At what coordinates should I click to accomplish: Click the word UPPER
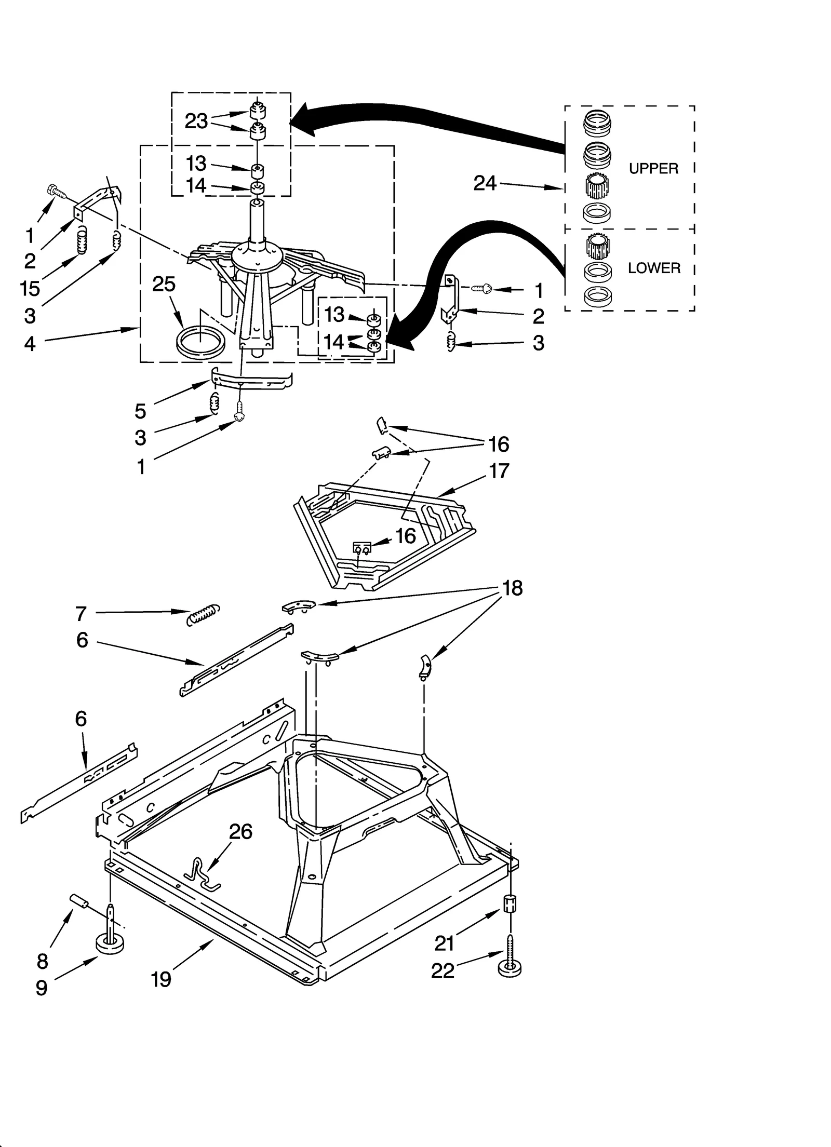pyautogui.click(x=653, y=169)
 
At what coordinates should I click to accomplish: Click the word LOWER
pyautogui.click(x=653, y=268)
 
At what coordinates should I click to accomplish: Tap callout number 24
pyautogui.click(x=485, y=183)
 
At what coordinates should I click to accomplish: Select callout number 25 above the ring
pyautogui.click(x=164, y=285)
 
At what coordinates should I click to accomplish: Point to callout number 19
pyautogui.click(x=161, y=980)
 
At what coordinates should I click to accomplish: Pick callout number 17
pyautogui.click(x=499, y=471)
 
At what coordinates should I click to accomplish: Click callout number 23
pyautogui.click(x=196, y=122)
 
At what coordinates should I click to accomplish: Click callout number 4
pyautogui.click(x=30, y=344)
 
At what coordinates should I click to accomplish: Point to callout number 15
pyautogui.click(x=30, y=289)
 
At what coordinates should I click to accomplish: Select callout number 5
pyautogui.click(x=140, y=411)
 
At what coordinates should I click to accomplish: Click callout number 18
pyautogui.click(x=512, y=588)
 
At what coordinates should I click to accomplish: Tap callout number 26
pyautogui.click(x=240, y=832)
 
